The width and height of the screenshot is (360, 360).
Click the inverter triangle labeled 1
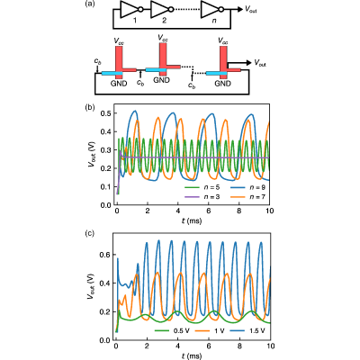pyautogui.click(x=128, y=10)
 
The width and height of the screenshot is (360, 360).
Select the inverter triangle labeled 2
pyautogui.click(x=158, y=10)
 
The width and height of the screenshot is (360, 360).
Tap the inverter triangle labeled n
pyautogui.click(x=209, y=10)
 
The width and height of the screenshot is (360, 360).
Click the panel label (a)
pyautogui.click(x=90, y=4)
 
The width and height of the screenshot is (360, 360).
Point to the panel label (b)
pyautogui.click(x=90, y=107)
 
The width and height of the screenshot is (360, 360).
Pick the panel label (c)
pyautogui.click(x=90, y=234)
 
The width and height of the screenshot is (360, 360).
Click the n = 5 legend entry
pyautogui.click(x=202, y=187)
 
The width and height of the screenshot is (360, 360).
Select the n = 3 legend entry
pyautogui.click(x=202, y=197)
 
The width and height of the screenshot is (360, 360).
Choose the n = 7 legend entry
pyautogui.click(x=247, y=197)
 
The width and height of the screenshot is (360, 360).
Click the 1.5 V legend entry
pyautogui.click(x=247, y=331)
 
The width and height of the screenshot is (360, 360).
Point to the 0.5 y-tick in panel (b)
pyautogui.click(x=105, y=113)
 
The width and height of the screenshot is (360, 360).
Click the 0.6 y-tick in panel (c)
pyautogui.click(x=105, y=255)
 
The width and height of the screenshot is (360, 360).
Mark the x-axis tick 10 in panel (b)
pyautogui.click(x=270, y=211)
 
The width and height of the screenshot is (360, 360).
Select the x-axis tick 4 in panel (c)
pyautogui.click(x=178, y=346)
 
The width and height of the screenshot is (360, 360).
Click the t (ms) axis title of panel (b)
pyautogui.click(x=192, y=221)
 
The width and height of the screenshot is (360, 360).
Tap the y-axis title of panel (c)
pyautogui.click(x=90, y=288)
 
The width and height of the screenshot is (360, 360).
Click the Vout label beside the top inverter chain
pyautogui.click(x=251, y=9)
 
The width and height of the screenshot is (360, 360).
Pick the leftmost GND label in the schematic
pyautogui.click(x=119, y=84)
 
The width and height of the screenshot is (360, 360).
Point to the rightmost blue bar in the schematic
pyautogui.click(x=216, y=73)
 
